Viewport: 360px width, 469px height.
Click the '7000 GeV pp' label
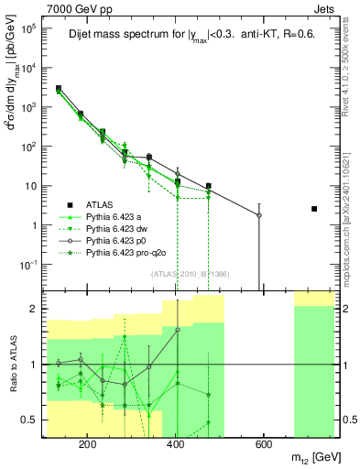pyautogui.click(x=38, y=7)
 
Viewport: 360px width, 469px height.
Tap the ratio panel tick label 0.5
pyautogui.click(x=30, y=420)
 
